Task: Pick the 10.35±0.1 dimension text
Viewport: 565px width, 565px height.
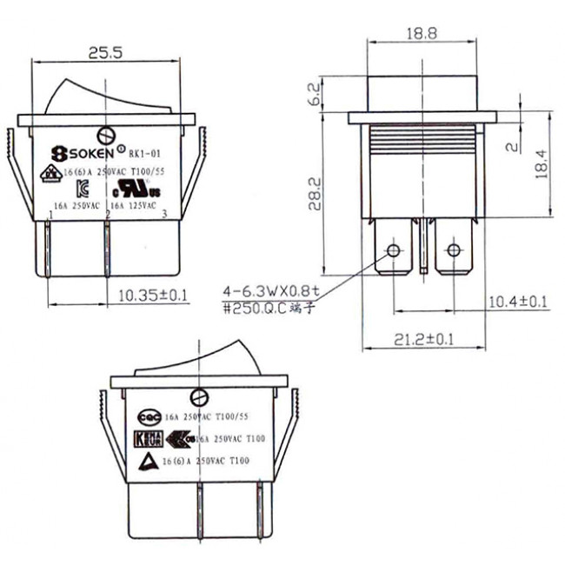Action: point(152,296)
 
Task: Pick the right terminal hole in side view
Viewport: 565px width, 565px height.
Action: point(452,252)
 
